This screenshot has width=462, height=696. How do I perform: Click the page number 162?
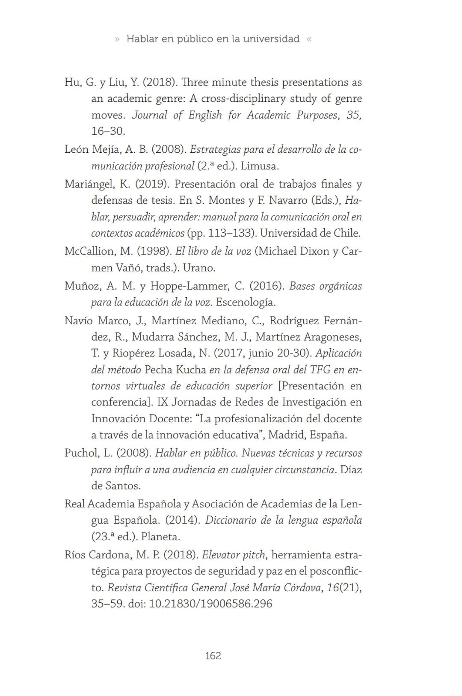213,656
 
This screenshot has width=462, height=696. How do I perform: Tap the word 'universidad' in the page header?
271,39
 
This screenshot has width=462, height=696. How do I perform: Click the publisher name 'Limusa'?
259,166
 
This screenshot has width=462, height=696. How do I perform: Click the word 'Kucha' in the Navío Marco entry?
192,370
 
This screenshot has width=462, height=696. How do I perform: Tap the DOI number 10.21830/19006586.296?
210,604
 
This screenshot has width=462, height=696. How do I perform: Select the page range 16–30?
107,131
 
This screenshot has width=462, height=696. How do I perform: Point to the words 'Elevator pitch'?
233,555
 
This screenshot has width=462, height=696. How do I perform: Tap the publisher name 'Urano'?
198,268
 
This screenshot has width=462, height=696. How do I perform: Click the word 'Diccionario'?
230,520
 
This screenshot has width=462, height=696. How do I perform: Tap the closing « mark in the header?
309,39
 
